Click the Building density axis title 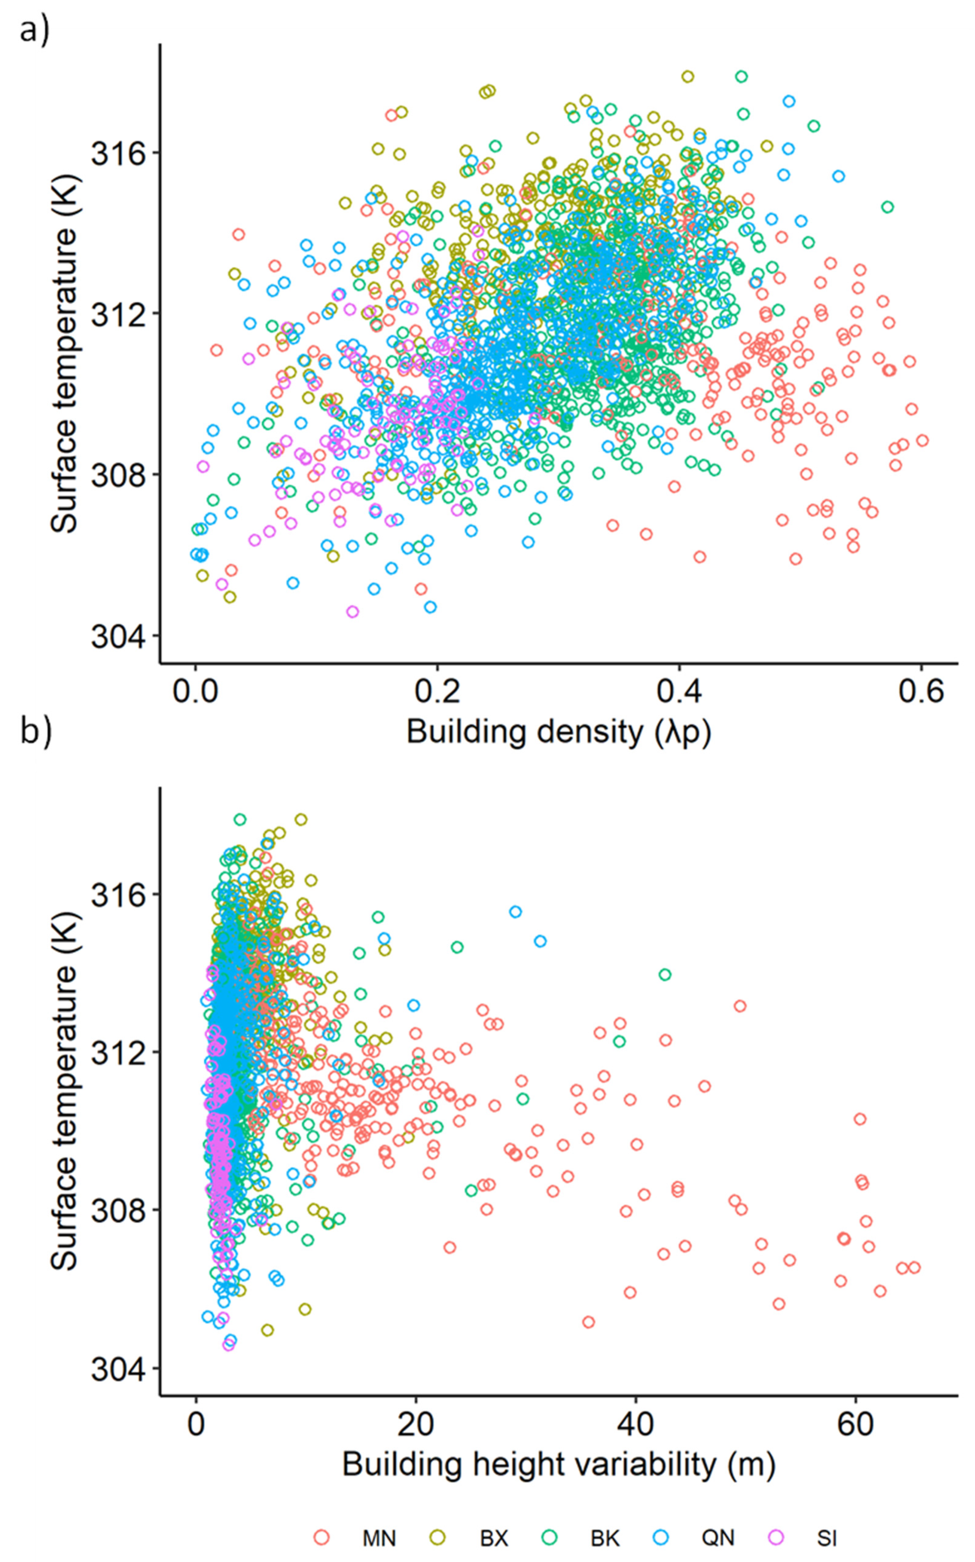click(x=559, y=732)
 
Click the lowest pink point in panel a click(x=352, y=612)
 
